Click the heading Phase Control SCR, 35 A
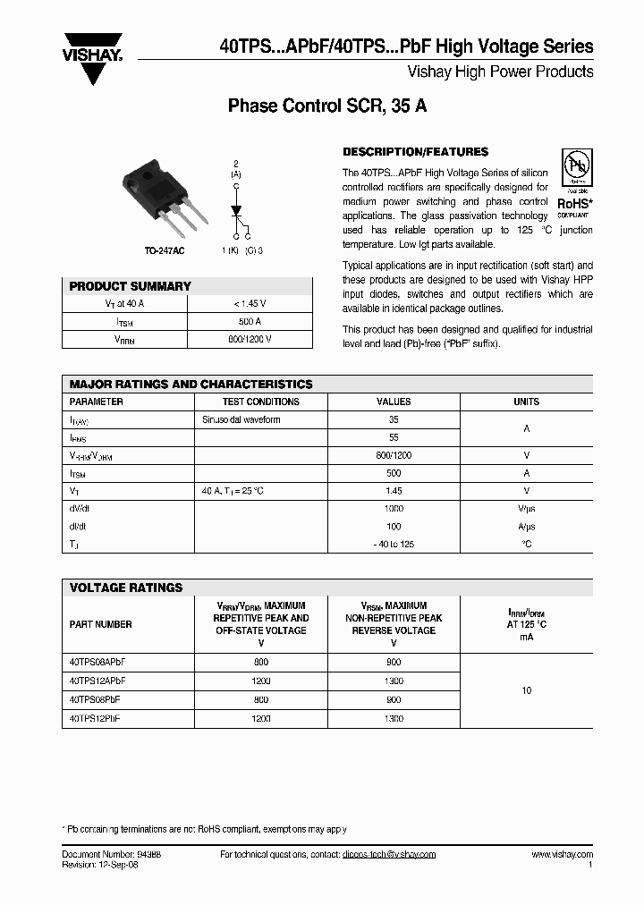327,106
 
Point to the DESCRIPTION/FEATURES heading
416,152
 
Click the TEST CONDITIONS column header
260,402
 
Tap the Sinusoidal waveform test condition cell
241,419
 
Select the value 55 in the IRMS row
394,437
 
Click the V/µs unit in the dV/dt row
526,508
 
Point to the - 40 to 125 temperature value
394,544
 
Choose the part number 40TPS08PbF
95,699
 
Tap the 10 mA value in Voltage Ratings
526,690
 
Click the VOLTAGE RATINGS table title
126,588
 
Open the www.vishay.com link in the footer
562,855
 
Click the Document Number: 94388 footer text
112,855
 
